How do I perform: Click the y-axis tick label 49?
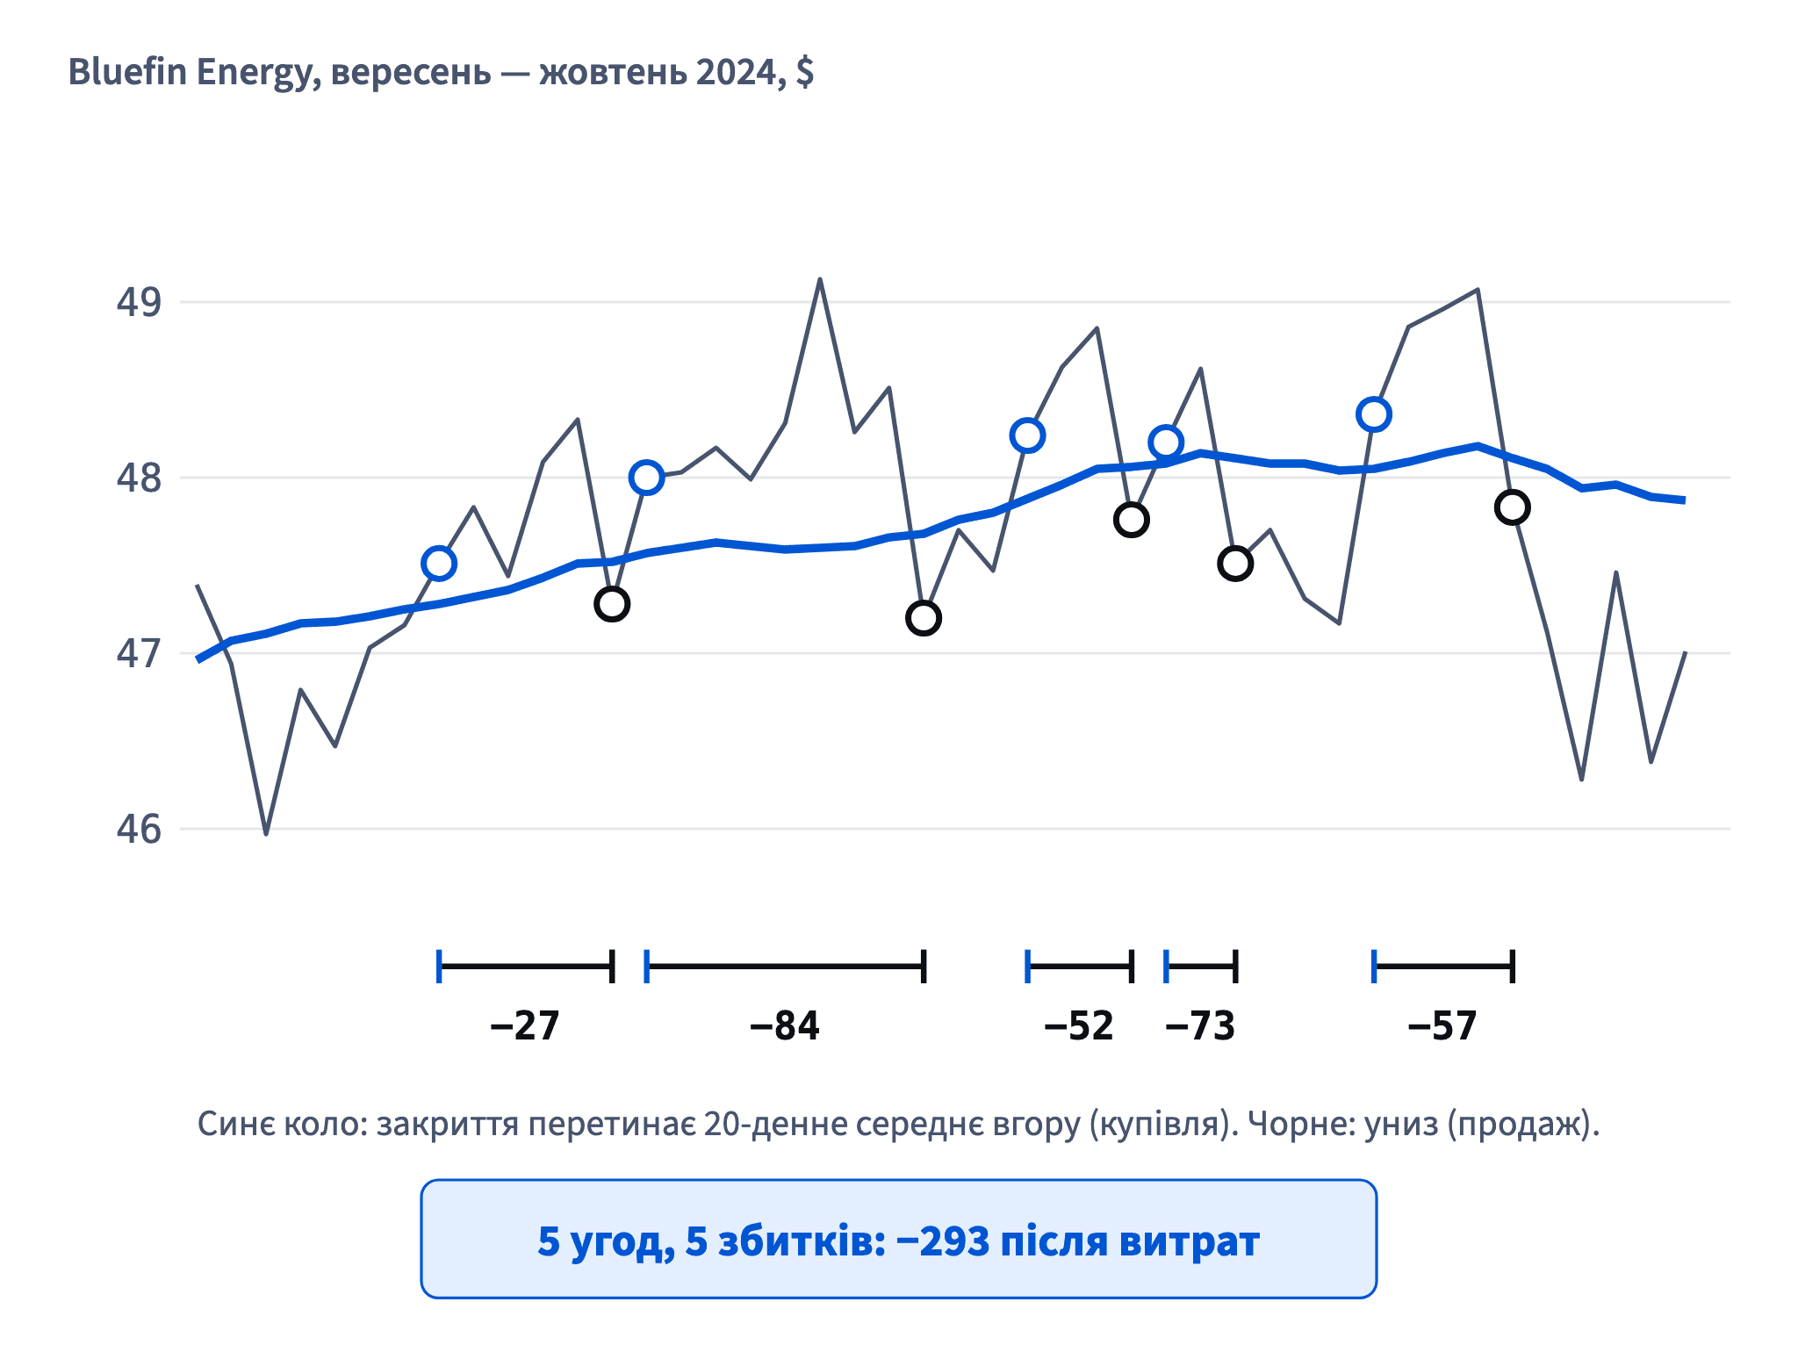tap(139, 302)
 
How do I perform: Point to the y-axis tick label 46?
tap(139, 829)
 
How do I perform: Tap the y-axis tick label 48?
tap(139, 478)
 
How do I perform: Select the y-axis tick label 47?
tap(139, 653)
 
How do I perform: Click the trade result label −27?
tap(525, 1025)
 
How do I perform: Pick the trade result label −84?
tap(785, 1025)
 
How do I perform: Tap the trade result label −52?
tap(1079, 1025)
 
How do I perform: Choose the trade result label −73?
tap(1200, 1025)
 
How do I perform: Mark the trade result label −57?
tap(1442, 1025)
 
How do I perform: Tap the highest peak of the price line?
tap(820, 279)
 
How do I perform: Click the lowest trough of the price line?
tap(266, 833)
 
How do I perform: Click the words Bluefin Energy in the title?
tap(190, 73)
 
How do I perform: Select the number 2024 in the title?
tap(736, 72)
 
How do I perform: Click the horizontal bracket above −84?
tap(785, 967)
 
